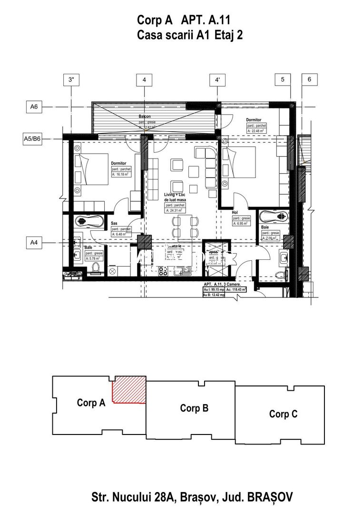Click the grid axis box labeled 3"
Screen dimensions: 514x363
[x=72, y=80]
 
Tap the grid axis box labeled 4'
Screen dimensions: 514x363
[x=217, y=80]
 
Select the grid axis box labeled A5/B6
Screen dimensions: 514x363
[x=33, y=139]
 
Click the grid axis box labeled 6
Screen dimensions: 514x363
[x=309, y=80]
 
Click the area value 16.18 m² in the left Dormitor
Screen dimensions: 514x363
[x=121, y=175]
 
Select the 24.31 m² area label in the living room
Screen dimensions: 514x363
[x=175, y=210]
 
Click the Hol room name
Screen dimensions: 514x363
[x=235, y=213]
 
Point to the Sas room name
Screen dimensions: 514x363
[x=115, y=223]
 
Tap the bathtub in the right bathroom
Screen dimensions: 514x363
[x=274, y=217]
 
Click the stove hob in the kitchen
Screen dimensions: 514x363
[x=163, y=271]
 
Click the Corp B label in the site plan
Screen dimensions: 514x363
[x=194, y=408]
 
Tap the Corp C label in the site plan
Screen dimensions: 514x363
[x=283, y=414]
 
